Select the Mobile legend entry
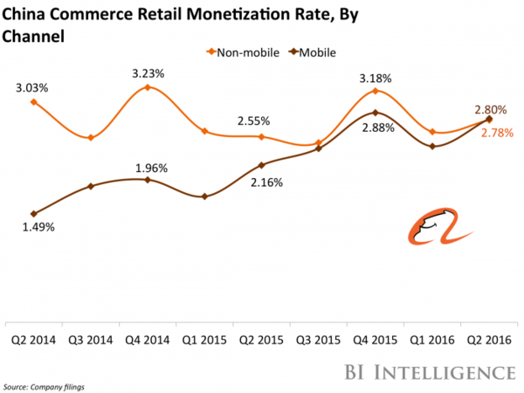click(x=311, y=53)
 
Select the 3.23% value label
click(x=147, y=73)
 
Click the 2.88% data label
click(x=377, y=128)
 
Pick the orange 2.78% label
click(x=495, y=133)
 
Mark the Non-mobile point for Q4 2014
click(x=148, y=87)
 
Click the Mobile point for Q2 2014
click(x=33, y=213)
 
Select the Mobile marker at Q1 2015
click(x=204, y=196)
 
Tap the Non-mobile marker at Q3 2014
click(x=91, y=138)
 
